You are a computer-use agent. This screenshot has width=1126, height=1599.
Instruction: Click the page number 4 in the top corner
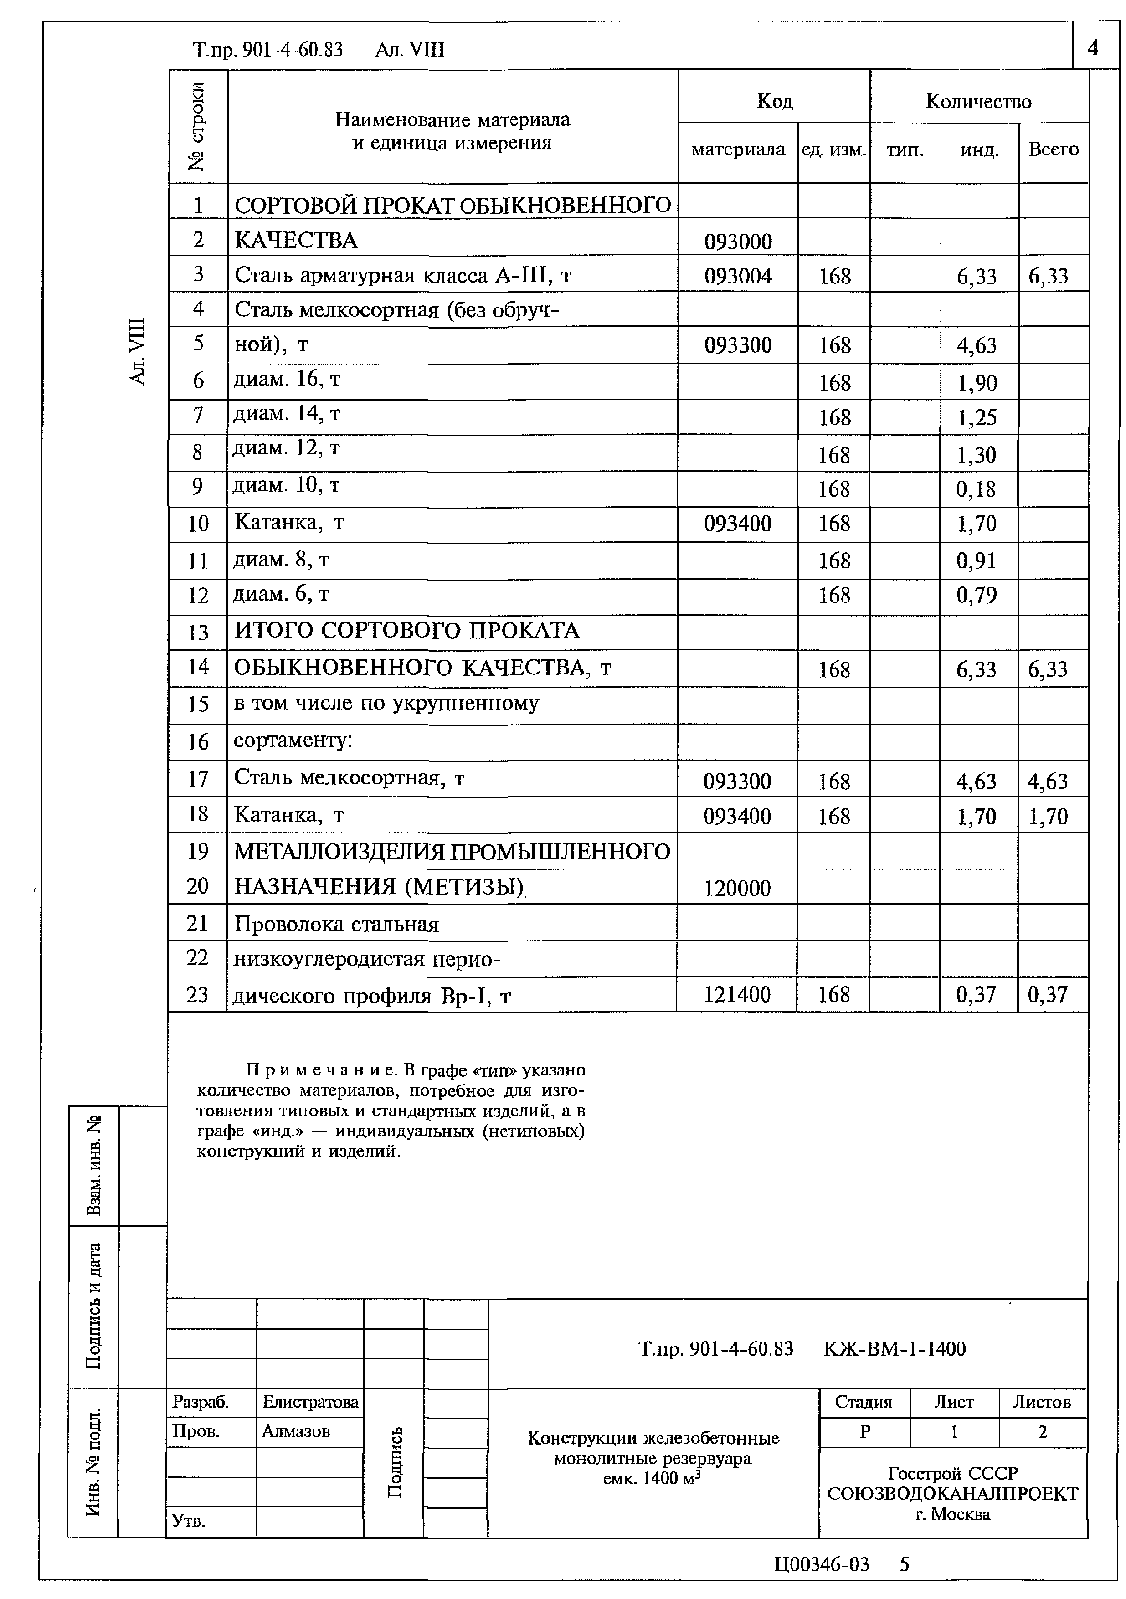(1093, 47)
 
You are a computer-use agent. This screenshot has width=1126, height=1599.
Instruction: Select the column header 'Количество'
(978, 102)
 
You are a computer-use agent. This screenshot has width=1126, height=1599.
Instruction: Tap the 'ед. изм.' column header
(833, 149)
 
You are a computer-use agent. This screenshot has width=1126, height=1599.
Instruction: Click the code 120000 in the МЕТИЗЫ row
(737, 889)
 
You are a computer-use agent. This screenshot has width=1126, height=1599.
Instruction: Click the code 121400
(737, 994)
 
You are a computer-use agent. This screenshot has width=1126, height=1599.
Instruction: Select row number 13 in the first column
(198, 632)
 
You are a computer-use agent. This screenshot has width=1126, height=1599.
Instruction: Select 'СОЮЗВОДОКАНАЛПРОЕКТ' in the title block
(952, 1493)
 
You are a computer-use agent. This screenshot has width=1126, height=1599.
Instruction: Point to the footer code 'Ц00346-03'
(821, 1565)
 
